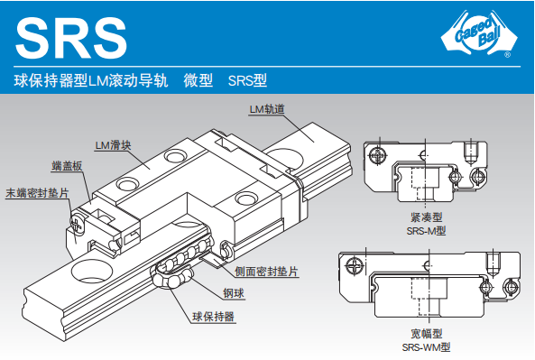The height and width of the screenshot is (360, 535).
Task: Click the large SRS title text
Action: [71, 38]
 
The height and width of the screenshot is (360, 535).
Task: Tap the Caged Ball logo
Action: [479, 33]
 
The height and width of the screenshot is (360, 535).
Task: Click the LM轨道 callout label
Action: [267, 109]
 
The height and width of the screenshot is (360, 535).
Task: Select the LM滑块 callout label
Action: [113, 145]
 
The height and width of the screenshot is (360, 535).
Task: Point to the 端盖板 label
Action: [67, 166]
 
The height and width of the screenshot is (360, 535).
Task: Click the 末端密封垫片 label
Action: [37, 193]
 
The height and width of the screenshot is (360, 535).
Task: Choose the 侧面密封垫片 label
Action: [266, 272]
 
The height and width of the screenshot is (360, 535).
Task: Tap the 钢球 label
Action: [234, 293]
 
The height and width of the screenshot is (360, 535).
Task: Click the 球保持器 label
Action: [213, 317]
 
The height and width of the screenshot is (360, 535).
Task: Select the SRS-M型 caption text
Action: [426, 231]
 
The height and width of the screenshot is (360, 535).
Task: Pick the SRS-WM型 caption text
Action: [426, 347]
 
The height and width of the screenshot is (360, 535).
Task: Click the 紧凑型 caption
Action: [427, 217]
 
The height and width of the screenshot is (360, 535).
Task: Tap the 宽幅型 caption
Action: [427, 334]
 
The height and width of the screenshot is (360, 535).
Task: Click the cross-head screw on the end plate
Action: [78, 224]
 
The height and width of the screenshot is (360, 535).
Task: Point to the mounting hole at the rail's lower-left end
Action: [92, 271]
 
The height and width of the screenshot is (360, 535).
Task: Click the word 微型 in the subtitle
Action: [198, 80]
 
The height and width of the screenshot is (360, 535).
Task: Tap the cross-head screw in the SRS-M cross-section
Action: [378, 155]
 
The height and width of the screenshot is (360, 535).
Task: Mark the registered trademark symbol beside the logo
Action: [508, 54]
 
